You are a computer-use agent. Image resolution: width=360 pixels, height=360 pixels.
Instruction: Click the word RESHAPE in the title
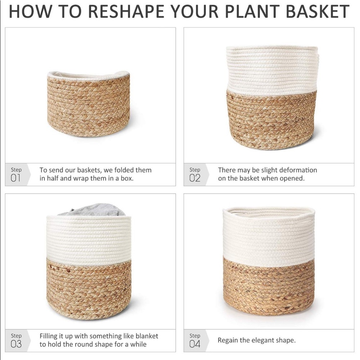coord(126,11)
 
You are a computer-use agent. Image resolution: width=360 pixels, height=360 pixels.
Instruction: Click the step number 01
coord(15,178)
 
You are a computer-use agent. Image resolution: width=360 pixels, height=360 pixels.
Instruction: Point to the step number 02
coord(195,178)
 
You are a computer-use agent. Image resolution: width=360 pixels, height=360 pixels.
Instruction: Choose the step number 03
coord(16,344)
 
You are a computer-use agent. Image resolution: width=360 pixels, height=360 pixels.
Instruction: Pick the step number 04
coord(195,344)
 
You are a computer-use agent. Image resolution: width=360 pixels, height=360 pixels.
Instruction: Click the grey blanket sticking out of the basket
coord(92,210)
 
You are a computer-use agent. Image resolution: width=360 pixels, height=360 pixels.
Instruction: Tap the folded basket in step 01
coord(89,104)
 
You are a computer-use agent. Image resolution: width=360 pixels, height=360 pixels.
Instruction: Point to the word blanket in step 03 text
coord(147,336)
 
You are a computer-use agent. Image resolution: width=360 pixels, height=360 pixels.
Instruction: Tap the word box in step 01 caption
coord(127,179)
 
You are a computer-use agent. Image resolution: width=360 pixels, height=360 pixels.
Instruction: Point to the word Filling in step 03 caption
coord(49,336)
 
